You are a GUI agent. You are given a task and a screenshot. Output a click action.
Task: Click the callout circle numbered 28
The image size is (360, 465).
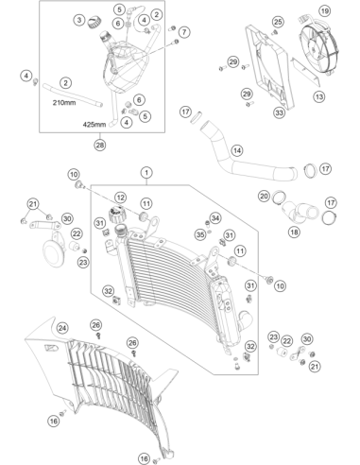click(100, 146)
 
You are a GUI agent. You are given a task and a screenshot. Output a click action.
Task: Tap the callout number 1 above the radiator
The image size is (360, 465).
click(146, 173)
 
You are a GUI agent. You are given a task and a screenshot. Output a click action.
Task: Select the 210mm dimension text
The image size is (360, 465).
click(64, 103)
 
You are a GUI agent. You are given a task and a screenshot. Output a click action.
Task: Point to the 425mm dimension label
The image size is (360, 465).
click(94, 125)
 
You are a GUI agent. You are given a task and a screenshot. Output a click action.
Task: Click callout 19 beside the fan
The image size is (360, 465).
click(324, 11)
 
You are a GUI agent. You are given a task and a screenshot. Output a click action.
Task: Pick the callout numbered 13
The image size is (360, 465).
click(319, 96)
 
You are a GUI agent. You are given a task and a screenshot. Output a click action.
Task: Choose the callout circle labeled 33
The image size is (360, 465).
click(279, 112)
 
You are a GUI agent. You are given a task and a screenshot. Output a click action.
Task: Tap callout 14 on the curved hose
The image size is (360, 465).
click(237, 150)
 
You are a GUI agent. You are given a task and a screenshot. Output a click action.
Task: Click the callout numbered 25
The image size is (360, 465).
click(278, 22)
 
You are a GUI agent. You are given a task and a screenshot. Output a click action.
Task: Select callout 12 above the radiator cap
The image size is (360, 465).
click(120, 198)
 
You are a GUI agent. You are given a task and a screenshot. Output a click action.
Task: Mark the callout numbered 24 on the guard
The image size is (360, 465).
click(62, 328)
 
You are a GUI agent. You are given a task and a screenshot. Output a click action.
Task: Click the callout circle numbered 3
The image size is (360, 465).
click(79, 20)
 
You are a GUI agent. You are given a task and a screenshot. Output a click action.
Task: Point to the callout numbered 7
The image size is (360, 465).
click(184, 32)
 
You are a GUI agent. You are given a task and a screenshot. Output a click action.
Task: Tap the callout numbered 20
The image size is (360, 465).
click(264, 197)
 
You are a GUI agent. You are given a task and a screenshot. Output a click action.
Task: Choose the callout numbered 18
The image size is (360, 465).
click(294, 232)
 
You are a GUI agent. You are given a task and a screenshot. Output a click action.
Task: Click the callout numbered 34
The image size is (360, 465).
click(215, 218)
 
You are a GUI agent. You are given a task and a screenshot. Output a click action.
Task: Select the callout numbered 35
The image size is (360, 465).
click(200, 234)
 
